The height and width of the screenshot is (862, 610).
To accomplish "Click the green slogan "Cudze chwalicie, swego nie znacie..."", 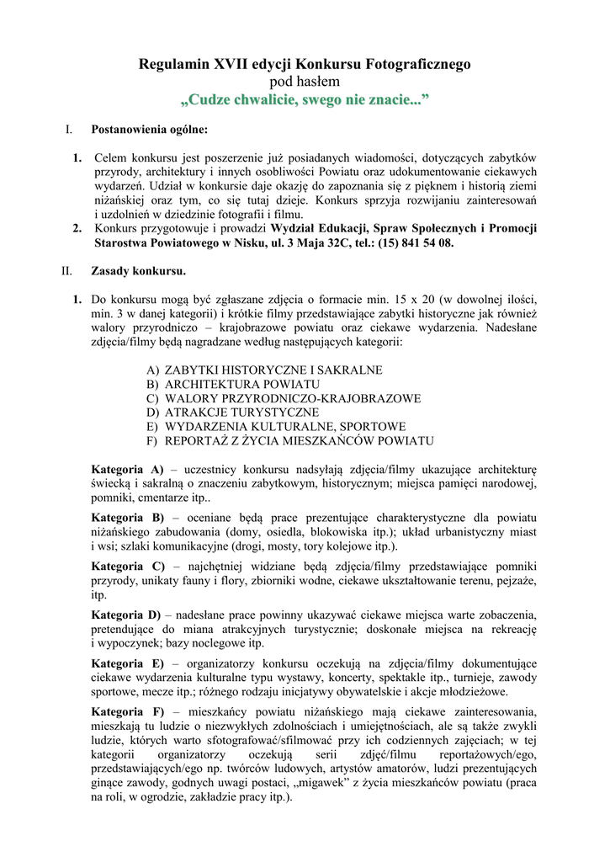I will (x=305, y=101).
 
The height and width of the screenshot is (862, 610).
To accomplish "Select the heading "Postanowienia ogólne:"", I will (x=149, y=130).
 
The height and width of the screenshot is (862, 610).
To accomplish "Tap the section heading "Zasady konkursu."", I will (x=138, y=271).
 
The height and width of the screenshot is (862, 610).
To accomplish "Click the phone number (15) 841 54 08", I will (x=414, y=242).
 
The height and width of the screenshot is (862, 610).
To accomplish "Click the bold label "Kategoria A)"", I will (x=127, y=468).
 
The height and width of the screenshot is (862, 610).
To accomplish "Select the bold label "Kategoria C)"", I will (x=128, y=566).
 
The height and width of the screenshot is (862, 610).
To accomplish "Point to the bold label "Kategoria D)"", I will (x=128, y=614).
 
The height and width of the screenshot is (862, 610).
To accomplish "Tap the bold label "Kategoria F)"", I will (x=127, y=711).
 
